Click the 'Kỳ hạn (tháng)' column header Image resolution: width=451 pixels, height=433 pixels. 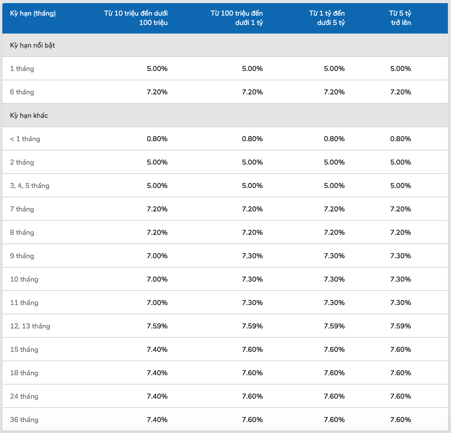click(33, 13)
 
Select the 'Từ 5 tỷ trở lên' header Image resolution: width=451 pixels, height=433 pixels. click(400, 18)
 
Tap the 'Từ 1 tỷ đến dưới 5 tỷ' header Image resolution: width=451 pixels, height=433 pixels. click(327, 18)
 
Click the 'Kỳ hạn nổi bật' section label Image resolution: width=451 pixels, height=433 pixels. click(32, 45)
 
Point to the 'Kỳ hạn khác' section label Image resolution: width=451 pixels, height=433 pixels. click(29, 115)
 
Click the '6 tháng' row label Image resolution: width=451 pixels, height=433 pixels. click(22, 92)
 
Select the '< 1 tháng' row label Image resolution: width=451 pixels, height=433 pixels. click(25, 139)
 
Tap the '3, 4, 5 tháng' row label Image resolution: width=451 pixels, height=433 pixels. click(30, 186)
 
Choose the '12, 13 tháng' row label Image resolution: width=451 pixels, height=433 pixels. click(30, 326)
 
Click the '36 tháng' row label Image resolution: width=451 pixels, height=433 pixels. click(24, 420)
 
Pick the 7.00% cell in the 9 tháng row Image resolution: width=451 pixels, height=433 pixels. click(157, 256)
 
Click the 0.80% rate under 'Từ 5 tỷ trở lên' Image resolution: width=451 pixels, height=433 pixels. click(401, 139)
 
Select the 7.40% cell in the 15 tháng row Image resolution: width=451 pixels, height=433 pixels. click(157, 350)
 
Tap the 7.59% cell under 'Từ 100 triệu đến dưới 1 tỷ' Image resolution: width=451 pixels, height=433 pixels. click(252, 326)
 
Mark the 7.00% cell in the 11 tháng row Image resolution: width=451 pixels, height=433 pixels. click(157, 302)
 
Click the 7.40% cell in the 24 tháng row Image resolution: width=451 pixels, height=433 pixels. click(157, 396)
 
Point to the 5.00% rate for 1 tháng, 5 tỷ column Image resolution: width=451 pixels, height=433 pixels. click(401, 69)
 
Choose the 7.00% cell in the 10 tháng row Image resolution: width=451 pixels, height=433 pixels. click(157, 279)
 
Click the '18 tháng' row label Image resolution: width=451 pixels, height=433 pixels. click(24, 373)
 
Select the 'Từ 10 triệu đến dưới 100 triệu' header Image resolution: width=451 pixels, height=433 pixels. click(136, 18)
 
